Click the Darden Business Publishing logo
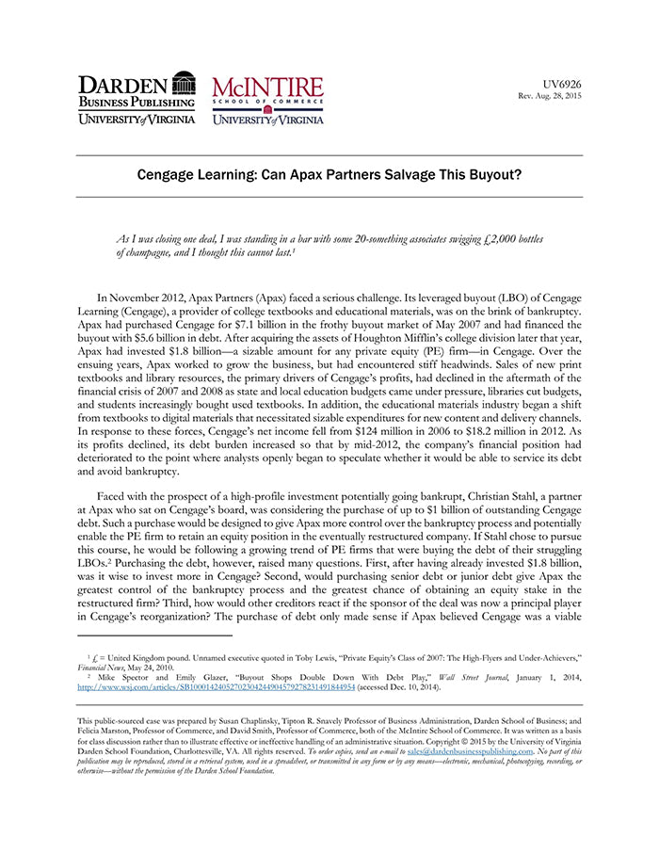tap(137, 98)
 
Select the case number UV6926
tap(563, 84)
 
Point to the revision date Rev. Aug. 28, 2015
tap(551, 97)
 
